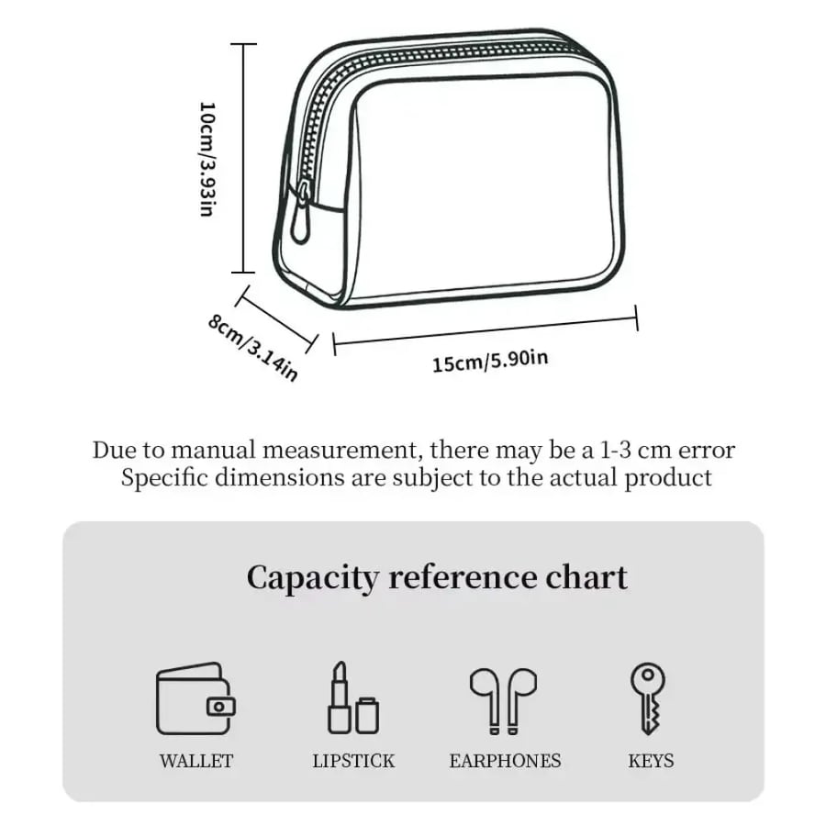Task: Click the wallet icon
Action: coord(195,698)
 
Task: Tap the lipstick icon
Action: coord(353,698)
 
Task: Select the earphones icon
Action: coord(504,700)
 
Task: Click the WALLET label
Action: coord(196,761)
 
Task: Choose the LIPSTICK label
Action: coord(353,761)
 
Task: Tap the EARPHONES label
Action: coord(505,761)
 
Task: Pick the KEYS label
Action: coord(651,761)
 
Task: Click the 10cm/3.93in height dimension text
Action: coord(207,159)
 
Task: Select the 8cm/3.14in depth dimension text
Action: coord(253,347)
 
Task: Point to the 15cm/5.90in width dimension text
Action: coord(490,361)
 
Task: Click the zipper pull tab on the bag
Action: coord(302,211)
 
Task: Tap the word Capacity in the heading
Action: coord(312,578)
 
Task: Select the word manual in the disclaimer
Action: coord(213,451)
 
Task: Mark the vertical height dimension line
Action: coord(243,158)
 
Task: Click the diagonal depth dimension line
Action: coord(277,319)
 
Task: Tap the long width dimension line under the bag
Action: coord(486,329)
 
